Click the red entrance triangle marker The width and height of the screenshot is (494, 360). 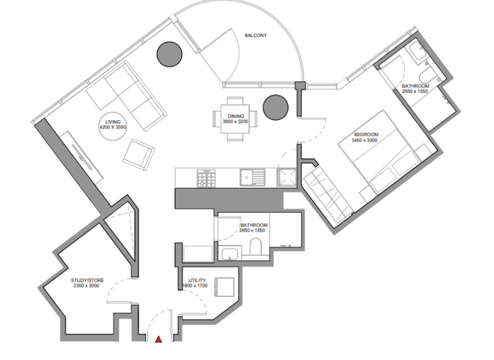click(158, 339)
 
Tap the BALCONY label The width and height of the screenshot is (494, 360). click(255, 35)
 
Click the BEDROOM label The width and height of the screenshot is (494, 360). click(366, 134)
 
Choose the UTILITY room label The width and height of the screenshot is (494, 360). click(197, 281)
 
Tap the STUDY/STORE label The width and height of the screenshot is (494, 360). click(87, 280)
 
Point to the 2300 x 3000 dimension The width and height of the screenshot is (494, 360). click(87, 287)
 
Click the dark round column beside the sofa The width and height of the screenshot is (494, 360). click(170, 53)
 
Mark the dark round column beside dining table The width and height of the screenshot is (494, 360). click(275, 105)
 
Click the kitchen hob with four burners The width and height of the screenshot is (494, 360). click(206, 178)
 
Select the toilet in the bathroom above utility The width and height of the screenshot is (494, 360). click(255, 248)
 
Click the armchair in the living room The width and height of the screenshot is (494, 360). click(139, 154)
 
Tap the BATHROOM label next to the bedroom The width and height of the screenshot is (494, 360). click(416, 85)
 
